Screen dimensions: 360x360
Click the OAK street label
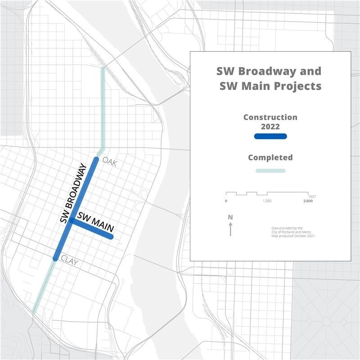pyautogui.click(x=109, y=162)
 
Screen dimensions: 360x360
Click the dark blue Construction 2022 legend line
pyautogui.click(x=270, y=136)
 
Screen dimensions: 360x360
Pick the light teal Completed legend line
pyautogui.click(x=270, y=171)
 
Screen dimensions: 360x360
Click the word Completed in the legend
pyautogui.click(x=270, y=157)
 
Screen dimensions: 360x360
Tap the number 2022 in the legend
pyautogui.click(x=270, y=126)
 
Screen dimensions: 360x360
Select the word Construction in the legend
pyautogui.click(x=270, y=117)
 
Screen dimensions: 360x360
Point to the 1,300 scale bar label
pyautogui.click(x=267, y=201)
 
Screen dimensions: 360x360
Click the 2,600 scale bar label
pyautogui.click(x=308, y=201)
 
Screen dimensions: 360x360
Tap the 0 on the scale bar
pyautogui.click(x=226, y=201)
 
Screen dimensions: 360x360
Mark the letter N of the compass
pyautogui.click(x=230, y=217)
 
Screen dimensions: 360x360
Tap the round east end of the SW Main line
pyautogui.click(x=111, y=237)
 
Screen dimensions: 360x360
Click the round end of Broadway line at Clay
pyautogui.click(x=55, y=258)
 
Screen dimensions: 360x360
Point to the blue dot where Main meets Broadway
pyautogui.click(x=71, y=220)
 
